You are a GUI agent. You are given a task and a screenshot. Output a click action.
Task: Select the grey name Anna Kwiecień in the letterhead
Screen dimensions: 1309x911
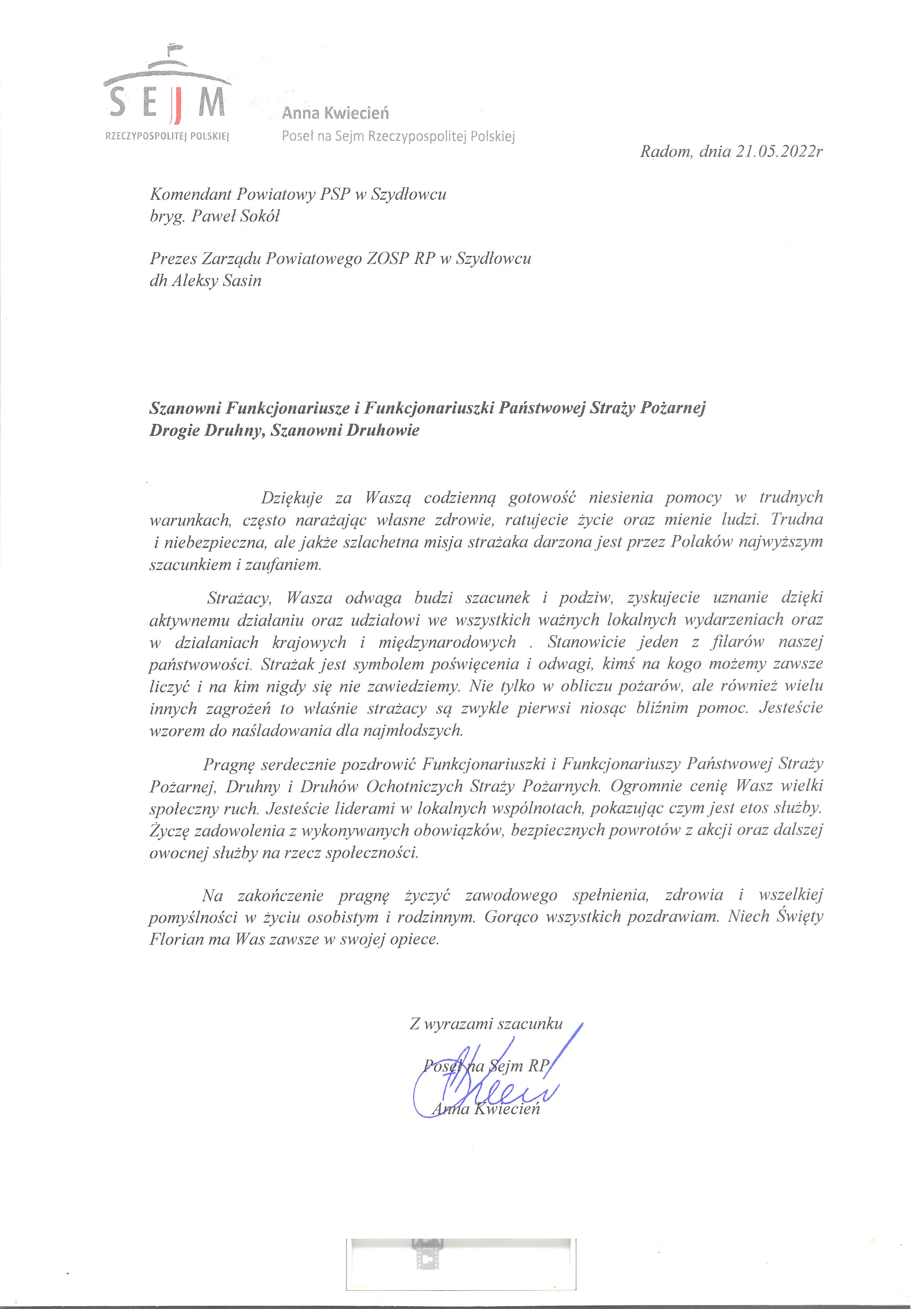(335, 113)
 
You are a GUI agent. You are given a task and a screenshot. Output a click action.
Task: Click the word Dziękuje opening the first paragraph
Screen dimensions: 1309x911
(292, 498)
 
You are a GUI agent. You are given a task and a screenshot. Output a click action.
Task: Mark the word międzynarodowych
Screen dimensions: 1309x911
(447, 642)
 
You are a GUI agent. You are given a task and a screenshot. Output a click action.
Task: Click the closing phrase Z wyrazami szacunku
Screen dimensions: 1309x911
(486, 1024)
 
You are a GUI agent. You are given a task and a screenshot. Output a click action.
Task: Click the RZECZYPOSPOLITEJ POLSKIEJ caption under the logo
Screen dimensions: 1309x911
(167, 137)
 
